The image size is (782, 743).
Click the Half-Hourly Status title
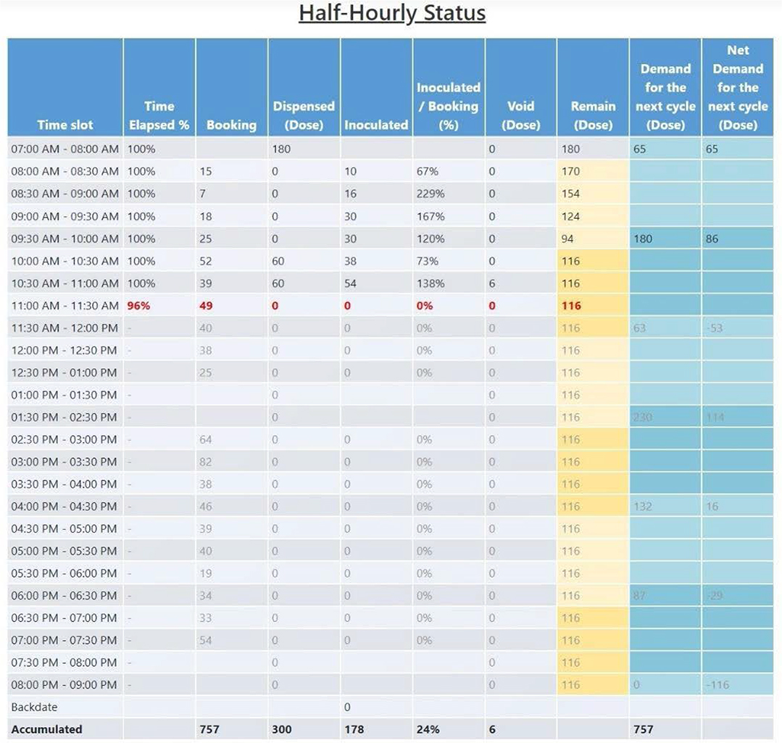392,14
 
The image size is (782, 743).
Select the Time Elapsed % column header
159,115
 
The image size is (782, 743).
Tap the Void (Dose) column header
521,115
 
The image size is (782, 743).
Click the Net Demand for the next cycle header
738,88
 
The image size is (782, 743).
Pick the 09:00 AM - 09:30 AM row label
65,216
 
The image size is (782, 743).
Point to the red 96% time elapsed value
138,306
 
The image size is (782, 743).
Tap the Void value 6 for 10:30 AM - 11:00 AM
492,283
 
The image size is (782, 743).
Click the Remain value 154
571,194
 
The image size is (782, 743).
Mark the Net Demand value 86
712,238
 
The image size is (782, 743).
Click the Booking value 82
206,462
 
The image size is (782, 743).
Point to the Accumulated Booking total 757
209,729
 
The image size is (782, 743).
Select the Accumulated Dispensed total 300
281,729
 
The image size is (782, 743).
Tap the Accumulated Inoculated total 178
354,729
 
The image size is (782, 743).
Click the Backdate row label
34,707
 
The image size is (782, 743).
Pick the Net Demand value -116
718,685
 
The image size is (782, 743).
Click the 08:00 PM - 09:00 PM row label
64,685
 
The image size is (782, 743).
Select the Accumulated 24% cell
428,729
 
